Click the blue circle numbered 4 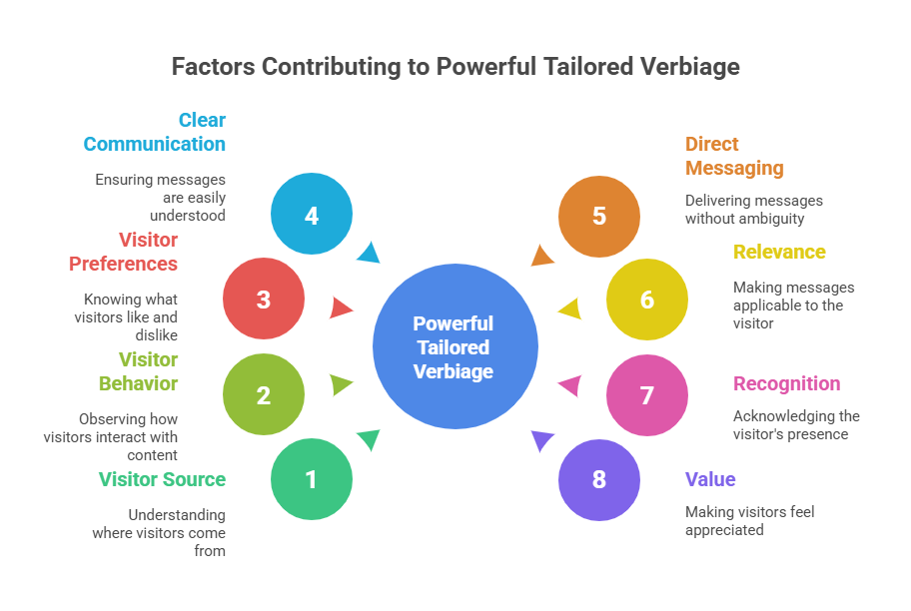tap(312, 215)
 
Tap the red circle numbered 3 tap(264, 299)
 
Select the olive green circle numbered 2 tap(264, 395)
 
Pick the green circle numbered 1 tap(312, 479)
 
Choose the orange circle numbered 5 tap(598, 215)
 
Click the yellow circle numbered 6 tap(646, 299)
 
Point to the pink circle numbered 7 tap(646, 395)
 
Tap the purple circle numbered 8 tap(598, 479)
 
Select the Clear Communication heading tap(155, 132)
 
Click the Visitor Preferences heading tap(124, 252)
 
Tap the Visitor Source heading tap(163, 479)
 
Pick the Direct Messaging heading tap(734, 156)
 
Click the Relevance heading tap(780, 252)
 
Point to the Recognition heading tap(787, 383)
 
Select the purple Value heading tap(710, 479)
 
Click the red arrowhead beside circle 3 tap(341, 307)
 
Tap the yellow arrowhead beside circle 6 tap(570, 307)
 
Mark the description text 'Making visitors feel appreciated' tap(749, 520)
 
